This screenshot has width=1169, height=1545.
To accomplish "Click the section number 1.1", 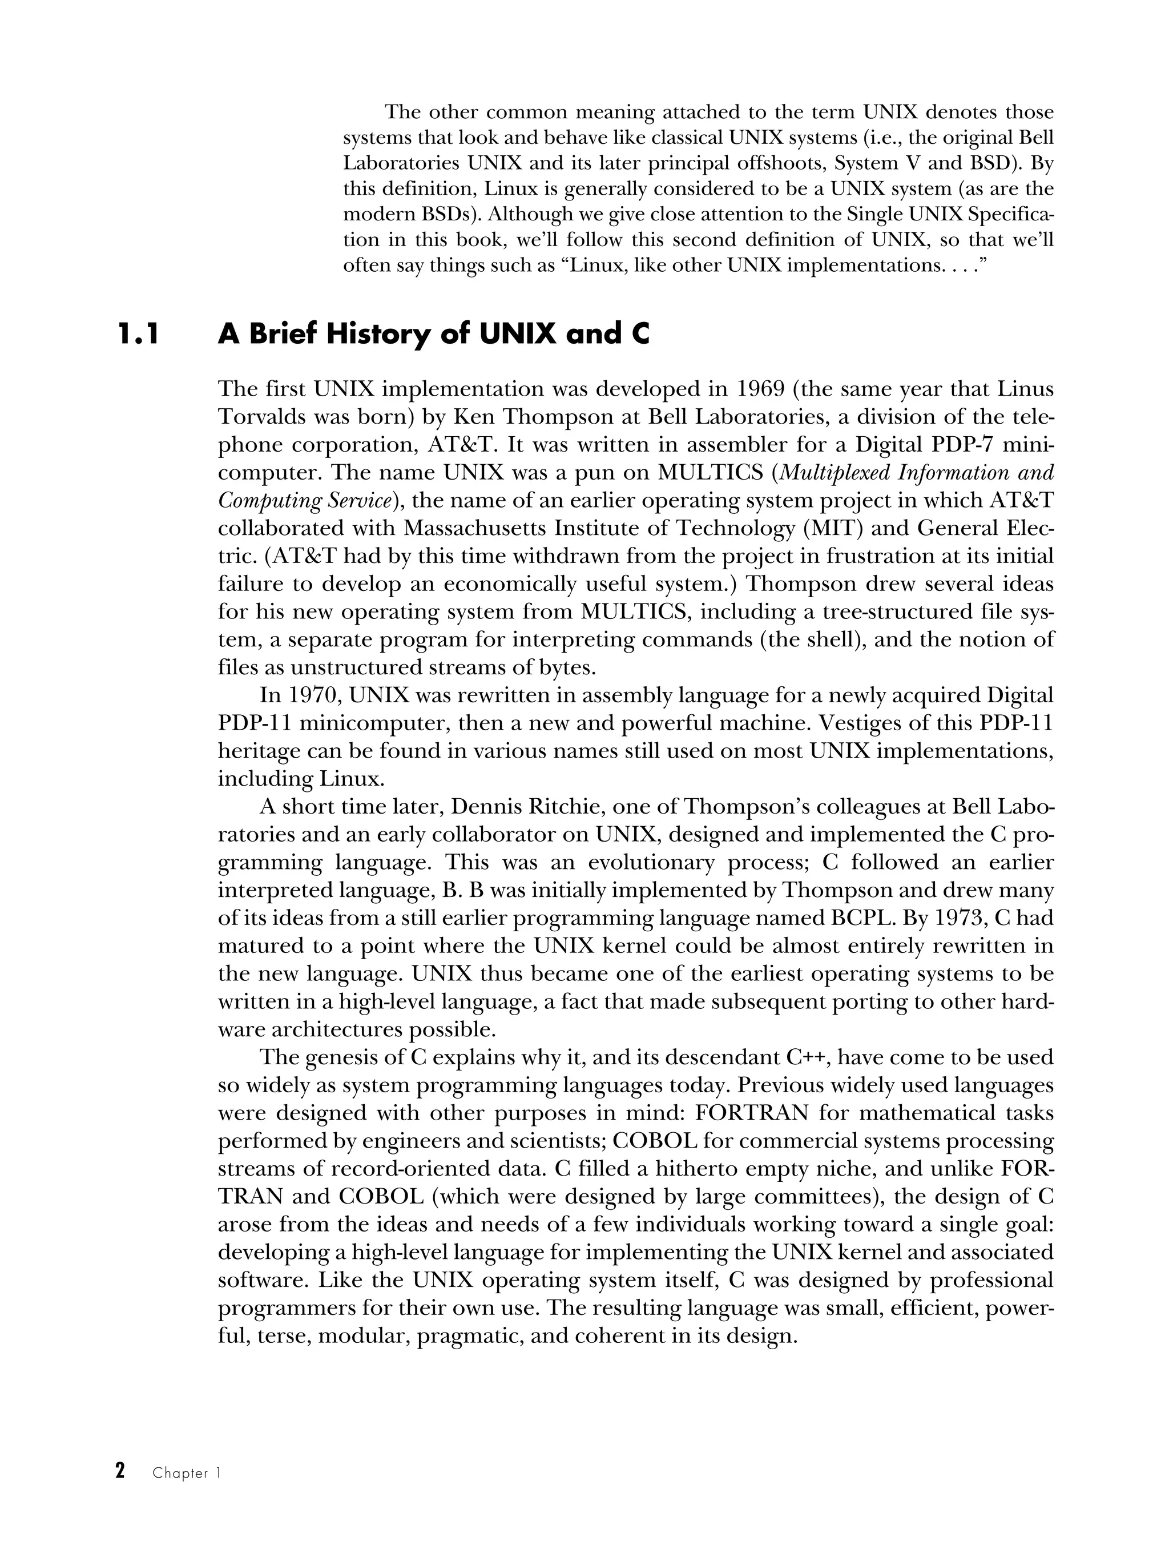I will click(138, 335).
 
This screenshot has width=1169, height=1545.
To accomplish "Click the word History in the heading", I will click(378, 335).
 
